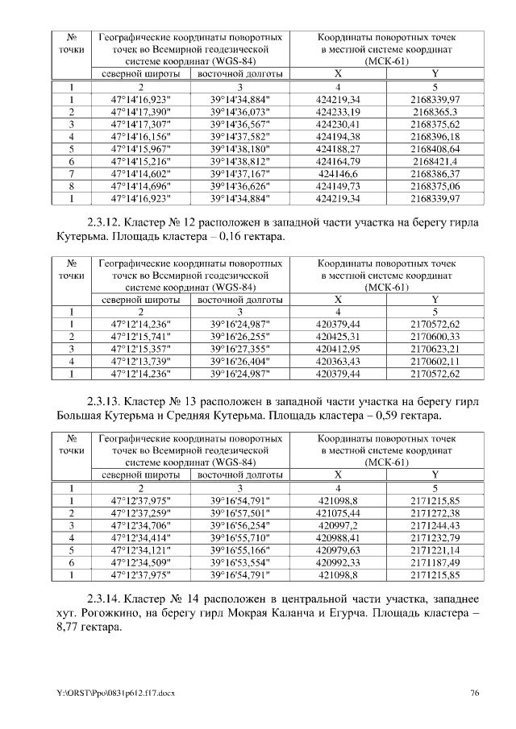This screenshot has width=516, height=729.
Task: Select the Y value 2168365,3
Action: (435, 112)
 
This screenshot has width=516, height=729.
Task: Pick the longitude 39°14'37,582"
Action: (239, 137)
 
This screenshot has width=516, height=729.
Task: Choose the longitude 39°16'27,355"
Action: (239, 349)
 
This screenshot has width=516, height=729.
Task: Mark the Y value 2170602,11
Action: (435, 361)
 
